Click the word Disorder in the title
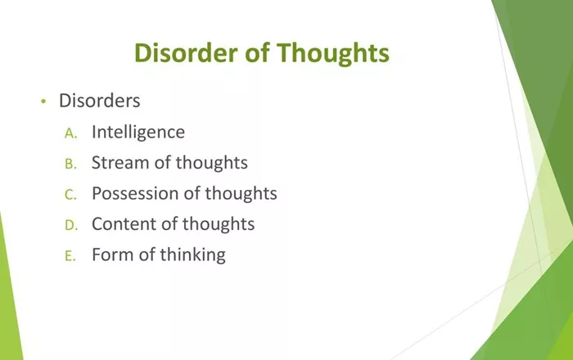pos(187,52)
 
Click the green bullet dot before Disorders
pos(43,101)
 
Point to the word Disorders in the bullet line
pos(99,101)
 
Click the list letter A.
pos(70,133)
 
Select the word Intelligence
pos(138,133)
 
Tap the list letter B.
pos(70,164)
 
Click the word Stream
pos(120,163)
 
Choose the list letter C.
pos(70,195)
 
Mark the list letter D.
pos(71,226)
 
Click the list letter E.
pos(70,256)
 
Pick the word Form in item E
pos(112,254)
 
